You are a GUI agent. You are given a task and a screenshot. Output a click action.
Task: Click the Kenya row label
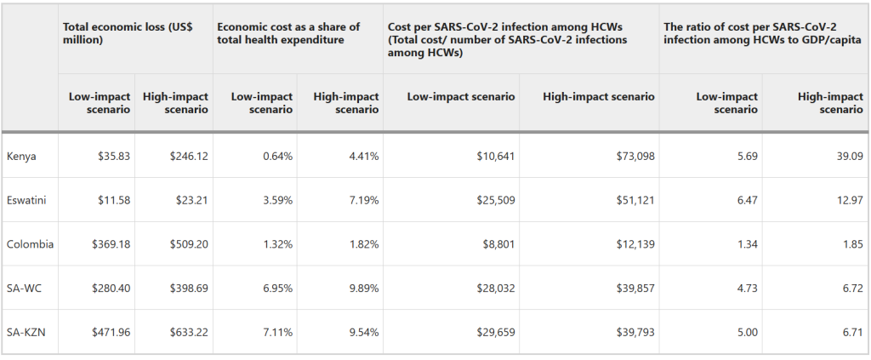pos(21,156)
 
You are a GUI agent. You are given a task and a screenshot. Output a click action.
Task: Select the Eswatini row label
pos(26,200)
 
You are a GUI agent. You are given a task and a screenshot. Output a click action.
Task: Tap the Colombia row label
pos(30,244)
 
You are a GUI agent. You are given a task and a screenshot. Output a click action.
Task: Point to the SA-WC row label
pos(24,289)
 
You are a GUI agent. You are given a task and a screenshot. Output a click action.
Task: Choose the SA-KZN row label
pos(26,332)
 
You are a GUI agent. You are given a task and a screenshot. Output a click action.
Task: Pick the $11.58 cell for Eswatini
pos(113,200)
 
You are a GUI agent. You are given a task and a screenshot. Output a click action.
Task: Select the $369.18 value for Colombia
pos(111,244)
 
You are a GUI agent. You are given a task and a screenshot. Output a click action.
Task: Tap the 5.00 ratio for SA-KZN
pos(746,332)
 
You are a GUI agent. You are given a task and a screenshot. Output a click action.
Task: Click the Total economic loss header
pos(128,33)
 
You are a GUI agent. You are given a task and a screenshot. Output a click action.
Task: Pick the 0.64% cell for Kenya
pos(277,156)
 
